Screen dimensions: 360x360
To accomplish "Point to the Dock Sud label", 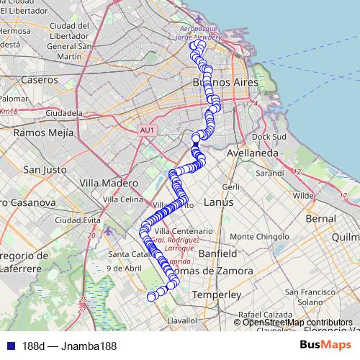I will click(270, 136).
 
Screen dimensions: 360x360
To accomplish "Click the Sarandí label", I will click(270, 174).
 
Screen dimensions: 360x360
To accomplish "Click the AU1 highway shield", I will click(147, 130).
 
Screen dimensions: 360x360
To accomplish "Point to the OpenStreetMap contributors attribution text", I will click(297, 322).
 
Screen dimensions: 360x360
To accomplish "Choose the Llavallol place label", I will click(181, 319).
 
